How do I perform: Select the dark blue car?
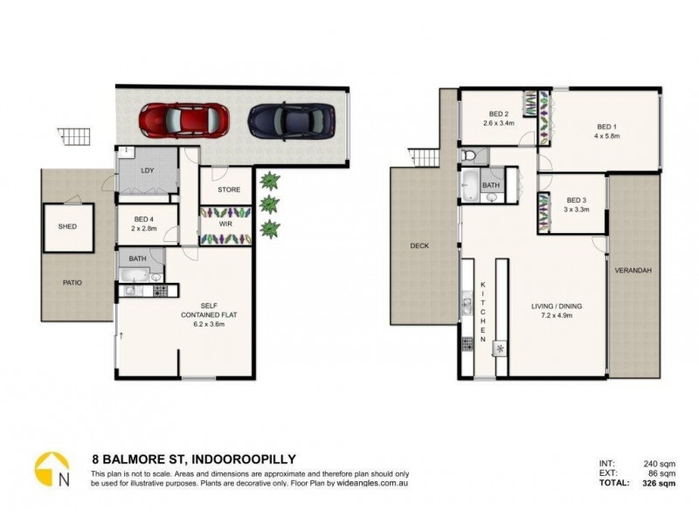point(291,119)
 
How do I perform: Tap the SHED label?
point(68,227)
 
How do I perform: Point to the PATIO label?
point(73,282)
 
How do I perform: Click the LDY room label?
point(147,170)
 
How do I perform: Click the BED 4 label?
point(146,220)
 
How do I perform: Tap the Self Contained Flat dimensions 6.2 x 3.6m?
point(209,323)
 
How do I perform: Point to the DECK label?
point(419,246)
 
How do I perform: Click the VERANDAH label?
point(633,271)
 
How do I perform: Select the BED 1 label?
point(602,127)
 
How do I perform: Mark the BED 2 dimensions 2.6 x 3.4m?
point(499,124)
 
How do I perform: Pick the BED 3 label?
point(574,200)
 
